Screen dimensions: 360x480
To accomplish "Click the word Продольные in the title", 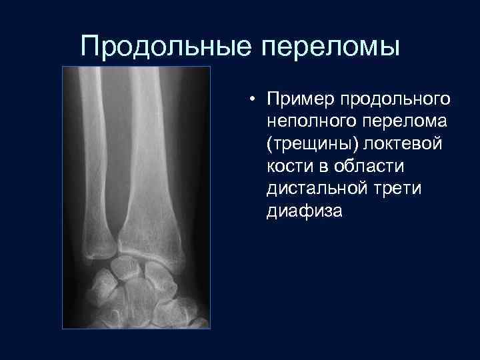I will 166,47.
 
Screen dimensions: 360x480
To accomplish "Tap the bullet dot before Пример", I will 254,100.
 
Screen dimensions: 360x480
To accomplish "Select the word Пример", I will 300,99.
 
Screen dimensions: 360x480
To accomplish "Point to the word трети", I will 401,190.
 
